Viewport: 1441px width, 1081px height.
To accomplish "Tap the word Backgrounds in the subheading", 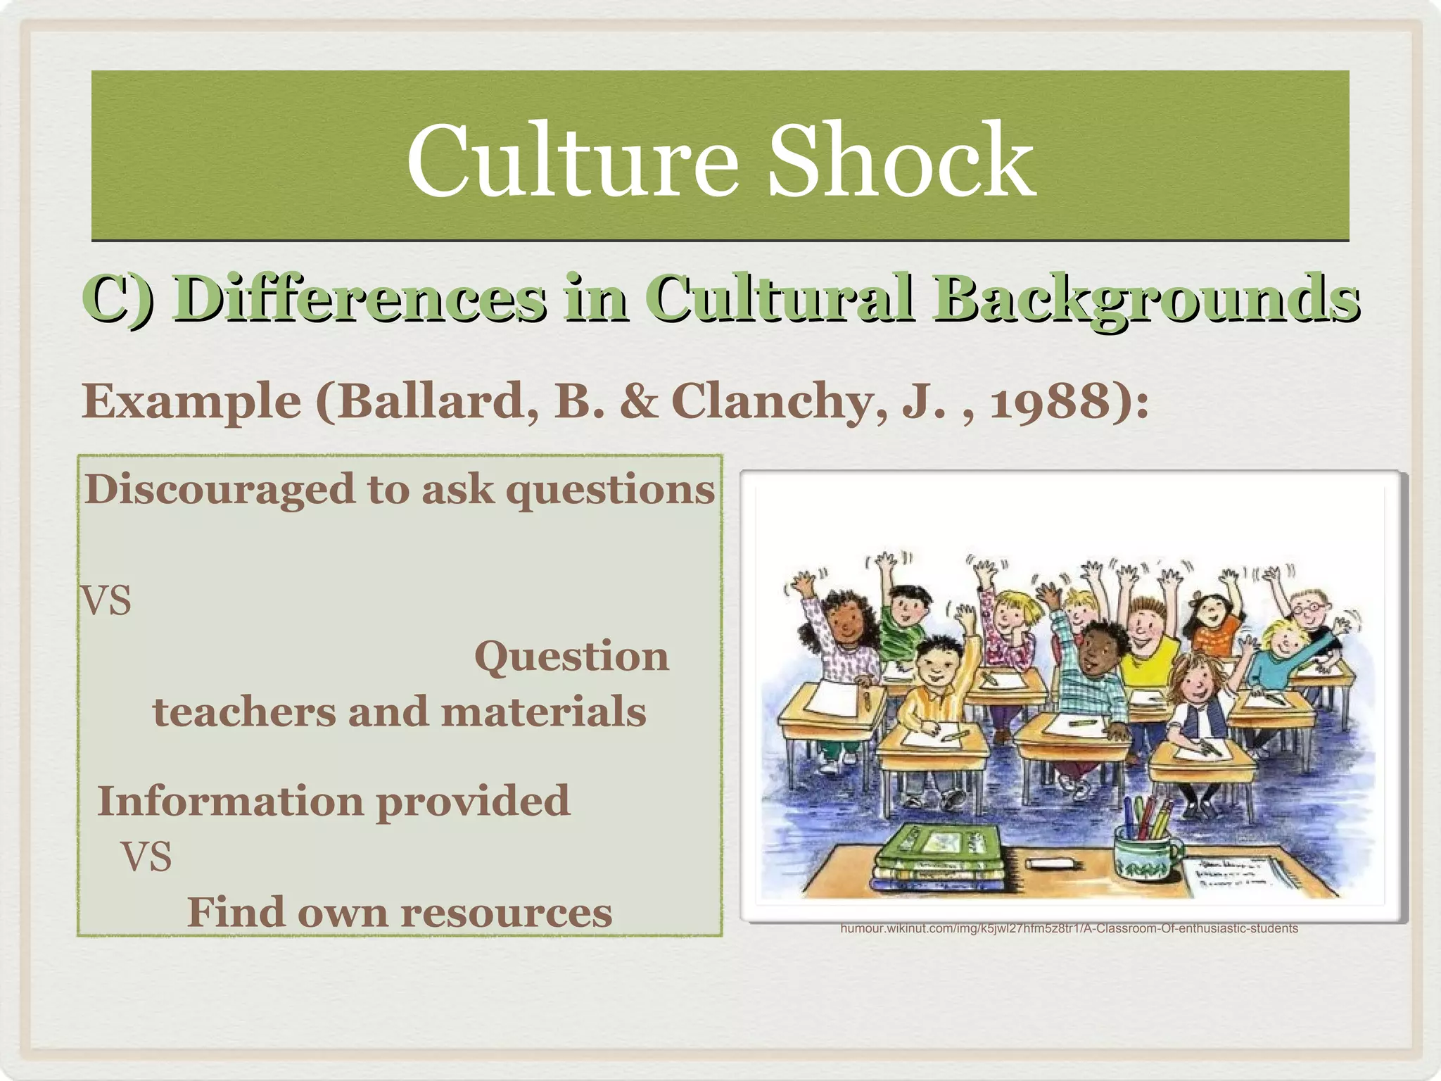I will click(x=1145, y=298).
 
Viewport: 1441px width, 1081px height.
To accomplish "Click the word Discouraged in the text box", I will click(x=219, y=489).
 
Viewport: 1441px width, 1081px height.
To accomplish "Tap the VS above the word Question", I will click(x=106, y=602).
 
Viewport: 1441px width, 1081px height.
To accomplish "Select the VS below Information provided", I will click(x=146, y=857).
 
